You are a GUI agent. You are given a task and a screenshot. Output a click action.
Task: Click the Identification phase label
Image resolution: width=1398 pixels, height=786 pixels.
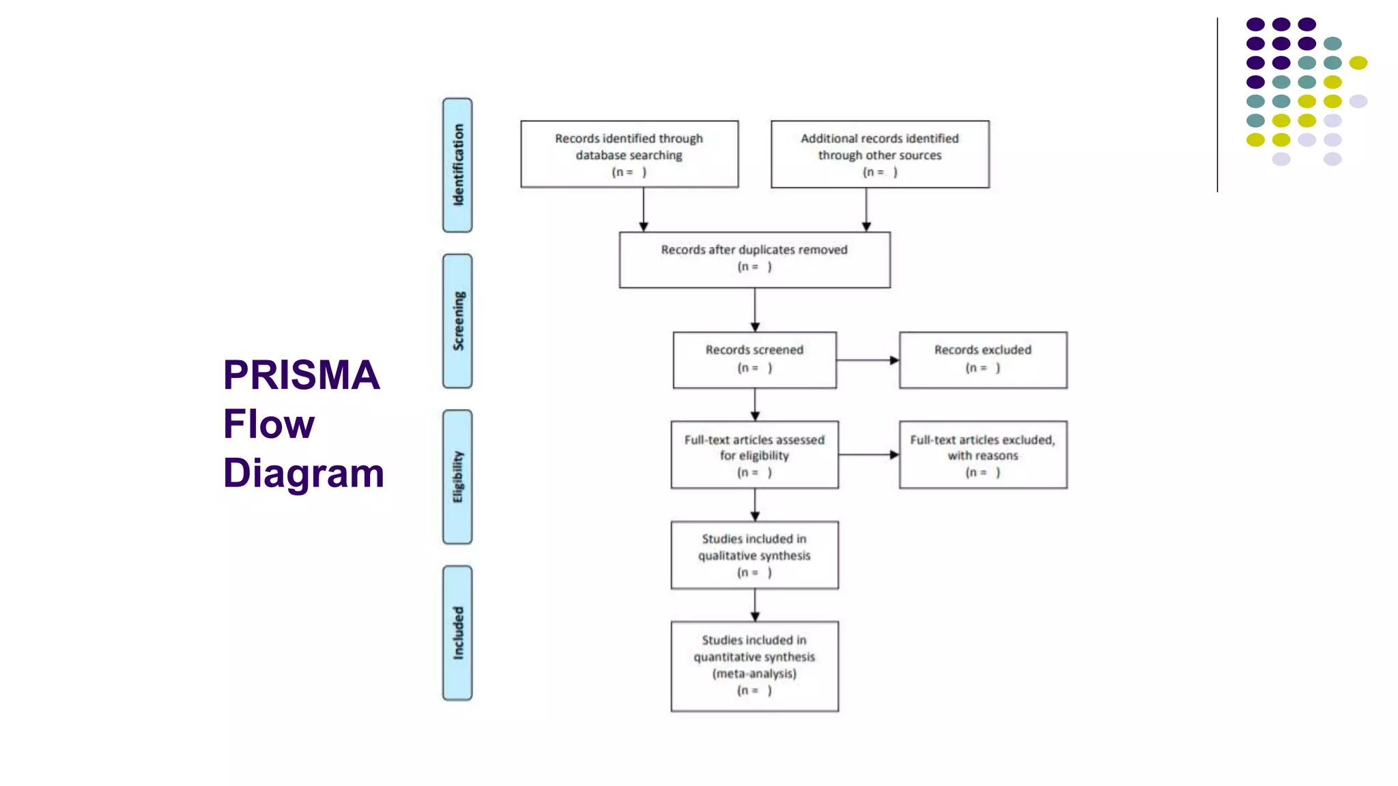click(457, 165)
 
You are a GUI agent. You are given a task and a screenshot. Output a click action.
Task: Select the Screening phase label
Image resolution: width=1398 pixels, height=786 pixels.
click(457, 321)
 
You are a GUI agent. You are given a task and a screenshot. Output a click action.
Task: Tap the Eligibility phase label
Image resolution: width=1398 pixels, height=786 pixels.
click(457, 477)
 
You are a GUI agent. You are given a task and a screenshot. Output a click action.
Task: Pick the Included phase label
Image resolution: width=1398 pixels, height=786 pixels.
click(457, 632)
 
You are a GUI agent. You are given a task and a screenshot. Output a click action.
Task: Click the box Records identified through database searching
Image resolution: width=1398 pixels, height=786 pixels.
click(629, 154)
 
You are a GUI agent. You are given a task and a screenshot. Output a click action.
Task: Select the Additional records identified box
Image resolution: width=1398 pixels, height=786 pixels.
click(879, 154)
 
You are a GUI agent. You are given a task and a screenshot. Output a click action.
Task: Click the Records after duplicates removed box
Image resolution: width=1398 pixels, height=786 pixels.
click(754, 259)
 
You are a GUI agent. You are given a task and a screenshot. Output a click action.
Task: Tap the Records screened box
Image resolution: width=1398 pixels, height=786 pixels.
click(754, 360)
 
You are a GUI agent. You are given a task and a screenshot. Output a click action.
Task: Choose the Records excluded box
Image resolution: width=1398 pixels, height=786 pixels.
click(982, 360)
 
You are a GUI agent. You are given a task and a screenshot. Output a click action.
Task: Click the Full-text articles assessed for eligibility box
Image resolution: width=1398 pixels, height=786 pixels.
click(754, 454)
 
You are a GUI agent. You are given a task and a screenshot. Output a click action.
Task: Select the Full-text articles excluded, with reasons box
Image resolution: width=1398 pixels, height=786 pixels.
click(982, 454)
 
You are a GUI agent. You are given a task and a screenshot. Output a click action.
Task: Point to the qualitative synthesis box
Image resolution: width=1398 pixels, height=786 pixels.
click(754, 555)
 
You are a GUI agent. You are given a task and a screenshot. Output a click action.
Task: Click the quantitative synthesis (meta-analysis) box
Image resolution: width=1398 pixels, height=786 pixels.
click(754, 665)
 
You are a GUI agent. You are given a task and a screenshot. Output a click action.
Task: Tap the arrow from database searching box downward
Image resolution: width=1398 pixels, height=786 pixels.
click(643, 209)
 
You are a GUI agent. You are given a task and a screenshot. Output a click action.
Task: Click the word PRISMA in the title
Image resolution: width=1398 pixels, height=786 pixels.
click(301, 375)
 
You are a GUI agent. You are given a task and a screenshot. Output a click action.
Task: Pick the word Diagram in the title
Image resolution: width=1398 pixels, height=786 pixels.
click(303, 474)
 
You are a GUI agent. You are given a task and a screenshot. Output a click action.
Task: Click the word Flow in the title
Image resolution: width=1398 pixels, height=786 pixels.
click(268, 424)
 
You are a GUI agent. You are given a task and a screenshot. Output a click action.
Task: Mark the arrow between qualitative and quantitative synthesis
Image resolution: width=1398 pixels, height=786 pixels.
click(754, 605)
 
